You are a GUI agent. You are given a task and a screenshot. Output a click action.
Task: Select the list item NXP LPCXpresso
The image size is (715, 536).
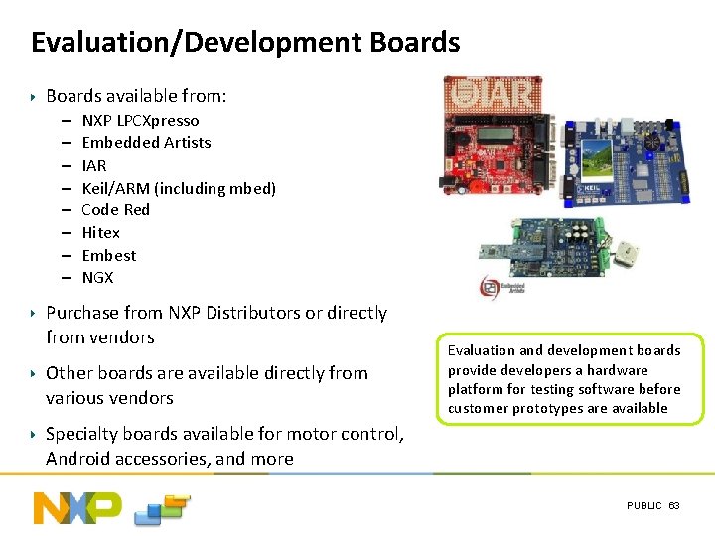click(140, 120)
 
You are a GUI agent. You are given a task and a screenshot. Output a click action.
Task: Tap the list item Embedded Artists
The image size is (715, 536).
click(146, 143)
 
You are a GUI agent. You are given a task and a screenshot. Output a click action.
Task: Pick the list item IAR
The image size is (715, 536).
click(93, 165)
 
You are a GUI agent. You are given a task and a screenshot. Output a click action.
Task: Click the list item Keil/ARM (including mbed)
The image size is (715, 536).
click(179, 188)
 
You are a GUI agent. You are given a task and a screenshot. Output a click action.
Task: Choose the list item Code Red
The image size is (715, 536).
click(115, 210)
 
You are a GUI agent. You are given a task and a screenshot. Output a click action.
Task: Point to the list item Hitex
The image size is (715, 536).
click(100, 232)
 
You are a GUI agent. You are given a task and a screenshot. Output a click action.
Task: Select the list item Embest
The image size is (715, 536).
click(108, 255)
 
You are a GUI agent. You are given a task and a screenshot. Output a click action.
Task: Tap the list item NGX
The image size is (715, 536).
click(97, 278)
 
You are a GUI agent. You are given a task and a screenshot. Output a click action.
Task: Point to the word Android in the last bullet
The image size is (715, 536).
click(78, 459)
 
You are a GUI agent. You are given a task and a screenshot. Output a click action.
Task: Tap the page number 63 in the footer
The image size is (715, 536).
click(674, 506)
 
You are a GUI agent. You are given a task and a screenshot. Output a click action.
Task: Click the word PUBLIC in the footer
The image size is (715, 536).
click(643, 506)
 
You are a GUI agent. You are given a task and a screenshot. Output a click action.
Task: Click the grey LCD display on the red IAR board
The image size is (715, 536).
click(494, 134)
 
